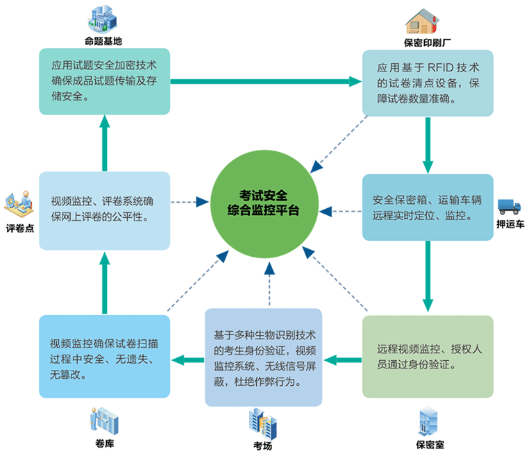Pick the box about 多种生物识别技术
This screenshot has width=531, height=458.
tap(263, 356)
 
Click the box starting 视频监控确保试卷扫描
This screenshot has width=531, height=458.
tap(104, 356)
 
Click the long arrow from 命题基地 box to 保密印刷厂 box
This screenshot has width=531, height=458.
tap(267, 82)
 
